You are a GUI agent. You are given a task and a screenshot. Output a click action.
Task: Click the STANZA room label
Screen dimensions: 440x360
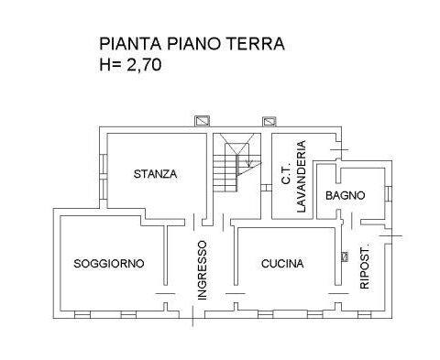tap(155, 174)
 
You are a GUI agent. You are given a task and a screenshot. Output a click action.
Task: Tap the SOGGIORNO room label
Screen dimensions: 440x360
tap(109, 264)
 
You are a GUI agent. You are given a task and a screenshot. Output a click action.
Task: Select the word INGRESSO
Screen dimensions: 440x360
tap(203, 270)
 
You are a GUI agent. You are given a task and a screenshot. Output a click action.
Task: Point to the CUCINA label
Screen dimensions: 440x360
tap(282, 264)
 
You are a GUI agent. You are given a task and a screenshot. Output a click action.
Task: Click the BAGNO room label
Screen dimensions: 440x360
tap(346, 195)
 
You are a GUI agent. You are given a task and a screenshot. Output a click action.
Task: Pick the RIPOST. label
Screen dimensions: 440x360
tap(365, 267)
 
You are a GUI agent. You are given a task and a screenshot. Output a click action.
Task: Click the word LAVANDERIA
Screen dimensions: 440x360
tap(301, 176)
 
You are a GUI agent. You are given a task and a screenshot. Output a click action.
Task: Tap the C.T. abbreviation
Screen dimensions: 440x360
tap(286, 176)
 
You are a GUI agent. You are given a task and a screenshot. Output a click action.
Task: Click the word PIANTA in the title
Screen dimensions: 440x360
tap(130, 44)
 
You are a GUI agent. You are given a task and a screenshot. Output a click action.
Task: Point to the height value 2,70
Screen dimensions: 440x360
tap(144, 65)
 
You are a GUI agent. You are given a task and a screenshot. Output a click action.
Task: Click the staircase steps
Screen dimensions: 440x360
tap(225, 173)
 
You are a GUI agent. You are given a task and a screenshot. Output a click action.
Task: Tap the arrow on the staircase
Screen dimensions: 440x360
tap(249, 163)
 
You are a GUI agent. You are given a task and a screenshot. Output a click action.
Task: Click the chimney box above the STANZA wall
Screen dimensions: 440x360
tap(203, 121)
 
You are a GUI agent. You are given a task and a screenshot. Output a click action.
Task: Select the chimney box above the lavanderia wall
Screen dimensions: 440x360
tap(269, 122)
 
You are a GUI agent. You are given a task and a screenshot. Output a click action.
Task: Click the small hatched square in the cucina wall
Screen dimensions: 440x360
tap(345, 256)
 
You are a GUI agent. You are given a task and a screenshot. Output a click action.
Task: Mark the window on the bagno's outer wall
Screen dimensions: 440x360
tap(388, 193)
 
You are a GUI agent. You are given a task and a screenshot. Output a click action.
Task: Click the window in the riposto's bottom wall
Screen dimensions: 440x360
tap(364, 315)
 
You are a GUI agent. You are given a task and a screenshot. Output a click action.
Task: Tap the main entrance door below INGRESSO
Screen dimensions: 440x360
tap(192, 316)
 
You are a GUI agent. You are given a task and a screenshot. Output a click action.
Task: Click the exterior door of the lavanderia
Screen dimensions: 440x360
tap(339, 150)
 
